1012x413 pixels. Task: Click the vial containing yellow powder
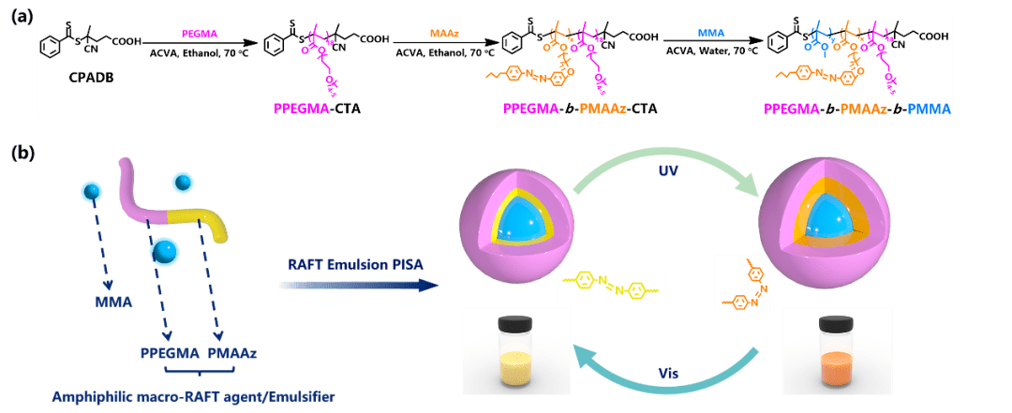[515, 348]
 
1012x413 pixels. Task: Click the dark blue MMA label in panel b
[112, 302]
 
